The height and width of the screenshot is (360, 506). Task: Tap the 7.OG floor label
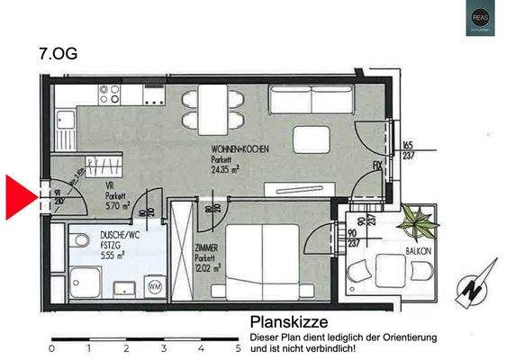[59, 53]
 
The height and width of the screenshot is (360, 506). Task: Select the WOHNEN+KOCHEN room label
[239, 148]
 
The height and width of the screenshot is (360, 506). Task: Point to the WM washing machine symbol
[155, 286]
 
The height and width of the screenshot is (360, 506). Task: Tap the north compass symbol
[474, 287]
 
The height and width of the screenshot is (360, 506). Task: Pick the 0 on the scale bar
[52, 347]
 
